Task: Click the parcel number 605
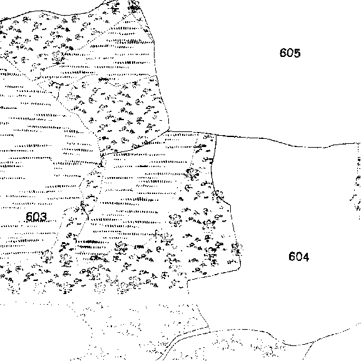point(290,53)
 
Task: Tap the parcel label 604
point(298,257)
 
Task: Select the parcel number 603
point(36,216)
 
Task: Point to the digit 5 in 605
point(297,53)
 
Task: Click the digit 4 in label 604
point(306,257)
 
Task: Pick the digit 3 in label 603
point(44,216)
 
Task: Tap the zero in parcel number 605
point(290,53)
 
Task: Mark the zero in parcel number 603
point(37,216)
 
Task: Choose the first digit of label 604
point(292,257)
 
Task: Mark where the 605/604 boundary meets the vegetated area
point(216,135)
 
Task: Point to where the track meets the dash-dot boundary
point(210,332)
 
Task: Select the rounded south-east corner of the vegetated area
point(240,268)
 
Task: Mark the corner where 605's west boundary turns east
point(169,131)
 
